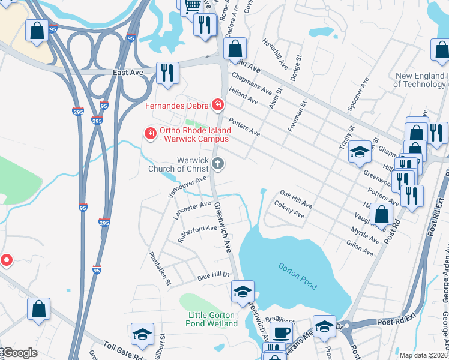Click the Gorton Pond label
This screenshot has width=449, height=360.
tap(297, 275)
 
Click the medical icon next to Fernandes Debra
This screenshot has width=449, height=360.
tap(218, 106)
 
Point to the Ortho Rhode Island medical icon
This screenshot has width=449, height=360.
tap(151, 132)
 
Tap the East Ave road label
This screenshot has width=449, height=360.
tap(128, 72)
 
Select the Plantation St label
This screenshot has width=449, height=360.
tap(160, 267)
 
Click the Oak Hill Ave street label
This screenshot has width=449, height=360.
tap(296, 199)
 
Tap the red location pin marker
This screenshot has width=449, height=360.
tap(7, 260)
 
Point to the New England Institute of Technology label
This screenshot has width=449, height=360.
tap(421, 80)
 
